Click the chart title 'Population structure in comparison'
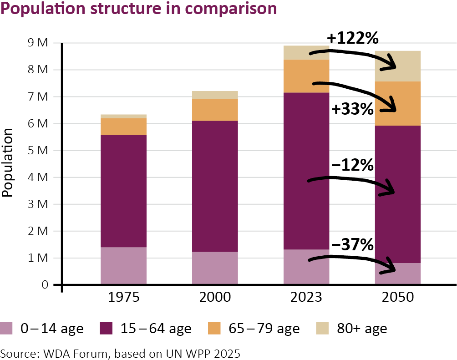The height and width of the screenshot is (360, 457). point(139,9)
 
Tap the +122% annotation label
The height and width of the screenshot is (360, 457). point(353,38)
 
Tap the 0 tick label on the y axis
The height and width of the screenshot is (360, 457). point(45,285)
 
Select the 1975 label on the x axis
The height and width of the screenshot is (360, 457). point(123,298)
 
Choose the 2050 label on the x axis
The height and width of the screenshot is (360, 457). point(397,298)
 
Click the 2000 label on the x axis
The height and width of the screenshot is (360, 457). point(215,298)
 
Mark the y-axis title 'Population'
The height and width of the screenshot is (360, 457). point(7,162)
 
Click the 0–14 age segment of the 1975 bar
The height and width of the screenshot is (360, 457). point(123,266)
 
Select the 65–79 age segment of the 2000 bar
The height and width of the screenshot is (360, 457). point(215,110)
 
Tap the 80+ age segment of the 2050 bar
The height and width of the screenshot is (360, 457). point(397,66)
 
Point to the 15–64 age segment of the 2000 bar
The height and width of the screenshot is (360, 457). point(215,186)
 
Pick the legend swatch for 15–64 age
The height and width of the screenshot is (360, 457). point(106,328)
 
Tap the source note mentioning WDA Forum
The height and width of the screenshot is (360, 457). point(120,353)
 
